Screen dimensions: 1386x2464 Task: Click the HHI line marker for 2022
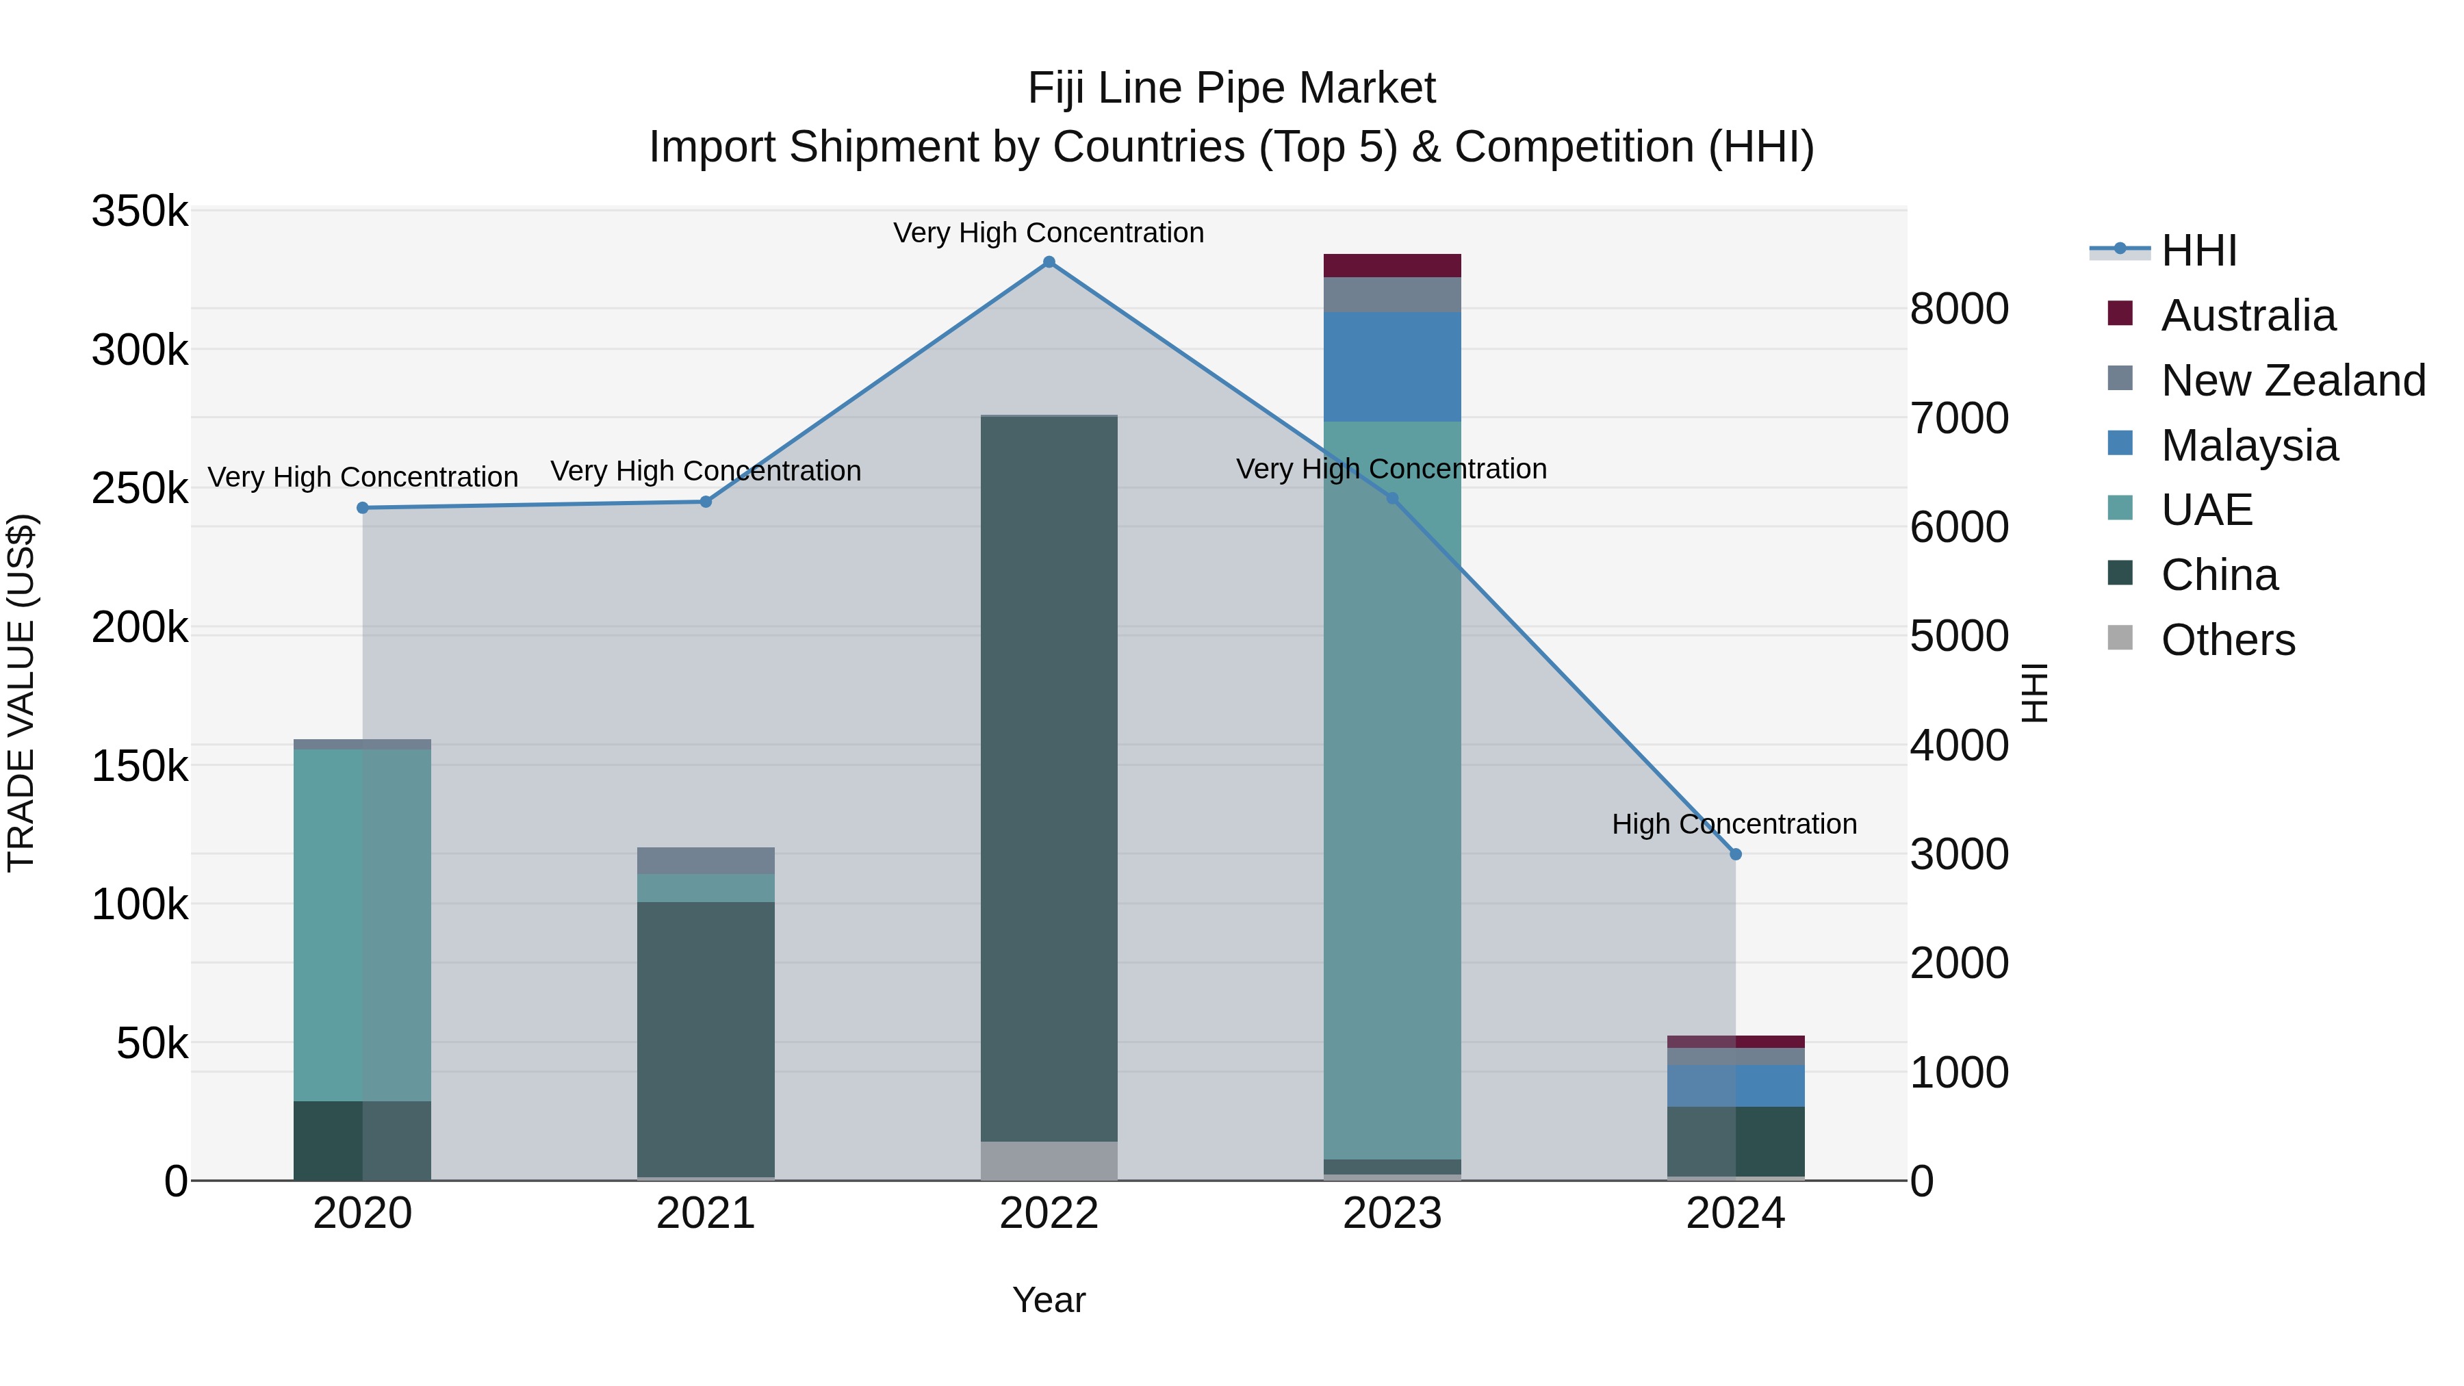[1049, 262]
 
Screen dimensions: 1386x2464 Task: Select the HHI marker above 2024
[1735, 854]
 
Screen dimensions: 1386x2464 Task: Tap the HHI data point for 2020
[363, 508]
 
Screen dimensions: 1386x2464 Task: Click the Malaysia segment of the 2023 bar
[1391, 366]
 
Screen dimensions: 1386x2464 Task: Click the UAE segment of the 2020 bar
[363, 924]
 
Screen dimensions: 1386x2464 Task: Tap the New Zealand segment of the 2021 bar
[706, 860]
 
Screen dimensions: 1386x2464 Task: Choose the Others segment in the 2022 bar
[1049, 1160]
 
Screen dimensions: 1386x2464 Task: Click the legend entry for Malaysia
[2248, 446]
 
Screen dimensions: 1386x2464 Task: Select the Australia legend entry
[2247, 316]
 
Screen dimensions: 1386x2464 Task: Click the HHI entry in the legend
[2198, 251]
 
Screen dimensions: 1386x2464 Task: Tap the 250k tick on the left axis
[140, 489]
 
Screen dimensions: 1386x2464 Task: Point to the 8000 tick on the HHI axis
[1959, 309]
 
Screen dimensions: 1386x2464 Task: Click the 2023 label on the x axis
[1391, 1214]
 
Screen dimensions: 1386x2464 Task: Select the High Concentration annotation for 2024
[1734, 823]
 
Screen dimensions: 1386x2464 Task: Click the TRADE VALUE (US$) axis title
[21, 693]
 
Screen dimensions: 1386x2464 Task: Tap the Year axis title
[1049, 1300]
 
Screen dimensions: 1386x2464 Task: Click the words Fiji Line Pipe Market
[1231, 88]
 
